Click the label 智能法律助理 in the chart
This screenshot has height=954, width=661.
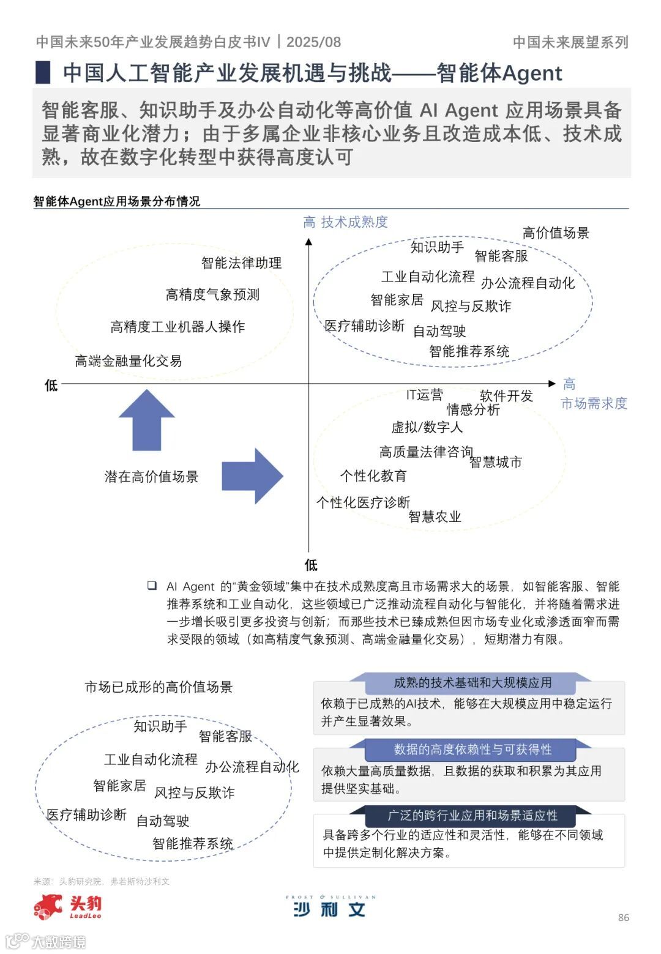point(241,263)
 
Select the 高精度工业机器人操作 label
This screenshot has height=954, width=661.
point(177,327)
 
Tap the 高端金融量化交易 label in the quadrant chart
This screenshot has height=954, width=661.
point(129,361)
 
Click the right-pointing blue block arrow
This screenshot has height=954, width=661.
point(252,475)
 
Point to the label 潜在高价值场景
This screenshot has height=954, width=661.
point(151,477)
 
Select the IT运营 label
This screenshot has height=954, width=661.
point(424,395)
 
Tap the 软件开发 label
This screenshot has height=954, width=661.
point(506,396)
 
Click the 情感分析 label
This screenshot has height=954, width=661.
point(473,409)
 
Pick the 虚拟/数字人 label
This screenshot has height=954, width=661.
point(427,427)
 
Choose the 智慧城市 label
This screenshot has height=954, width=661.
point(496,462)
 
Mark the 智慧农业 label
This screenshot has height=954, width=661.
point(435,516)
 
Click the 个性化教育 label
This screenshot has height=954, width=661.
point(373,476)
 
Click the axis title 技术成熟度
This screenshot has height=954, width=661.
point(354,222)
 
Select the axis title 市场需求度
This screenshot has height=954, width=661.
point(594,403)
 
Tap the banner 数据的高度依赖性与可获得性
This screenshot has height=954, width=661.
point(472,749)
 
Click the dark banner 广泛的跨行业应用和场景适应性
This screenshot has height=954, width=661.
point(472,816)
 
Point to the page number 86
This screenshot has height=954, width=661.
point(624,917)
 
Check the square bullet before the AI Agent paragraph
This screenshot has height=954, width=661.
point(152,586)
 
